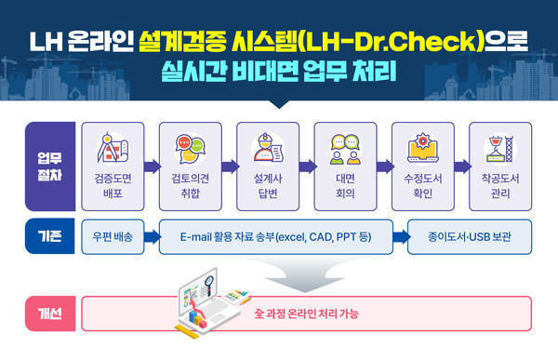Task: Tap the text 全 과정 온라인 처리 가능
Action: pyautogui.click(x=306, y=314)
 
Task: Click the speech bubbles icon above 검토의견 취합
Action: pyautogui.click(x=190, y=150)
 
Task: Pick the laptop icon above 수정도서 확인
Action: pyautogui.click(x=423, y=150)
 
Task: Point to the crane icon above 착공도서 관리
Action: pyautogui.click(x=500, y=150)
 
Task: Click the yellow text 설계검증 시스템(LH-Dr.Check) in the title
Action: pyautogui.click(x=335, y=41)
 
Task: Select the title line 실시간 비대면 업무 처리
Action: pyautogui.click(x=278, y=71)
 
